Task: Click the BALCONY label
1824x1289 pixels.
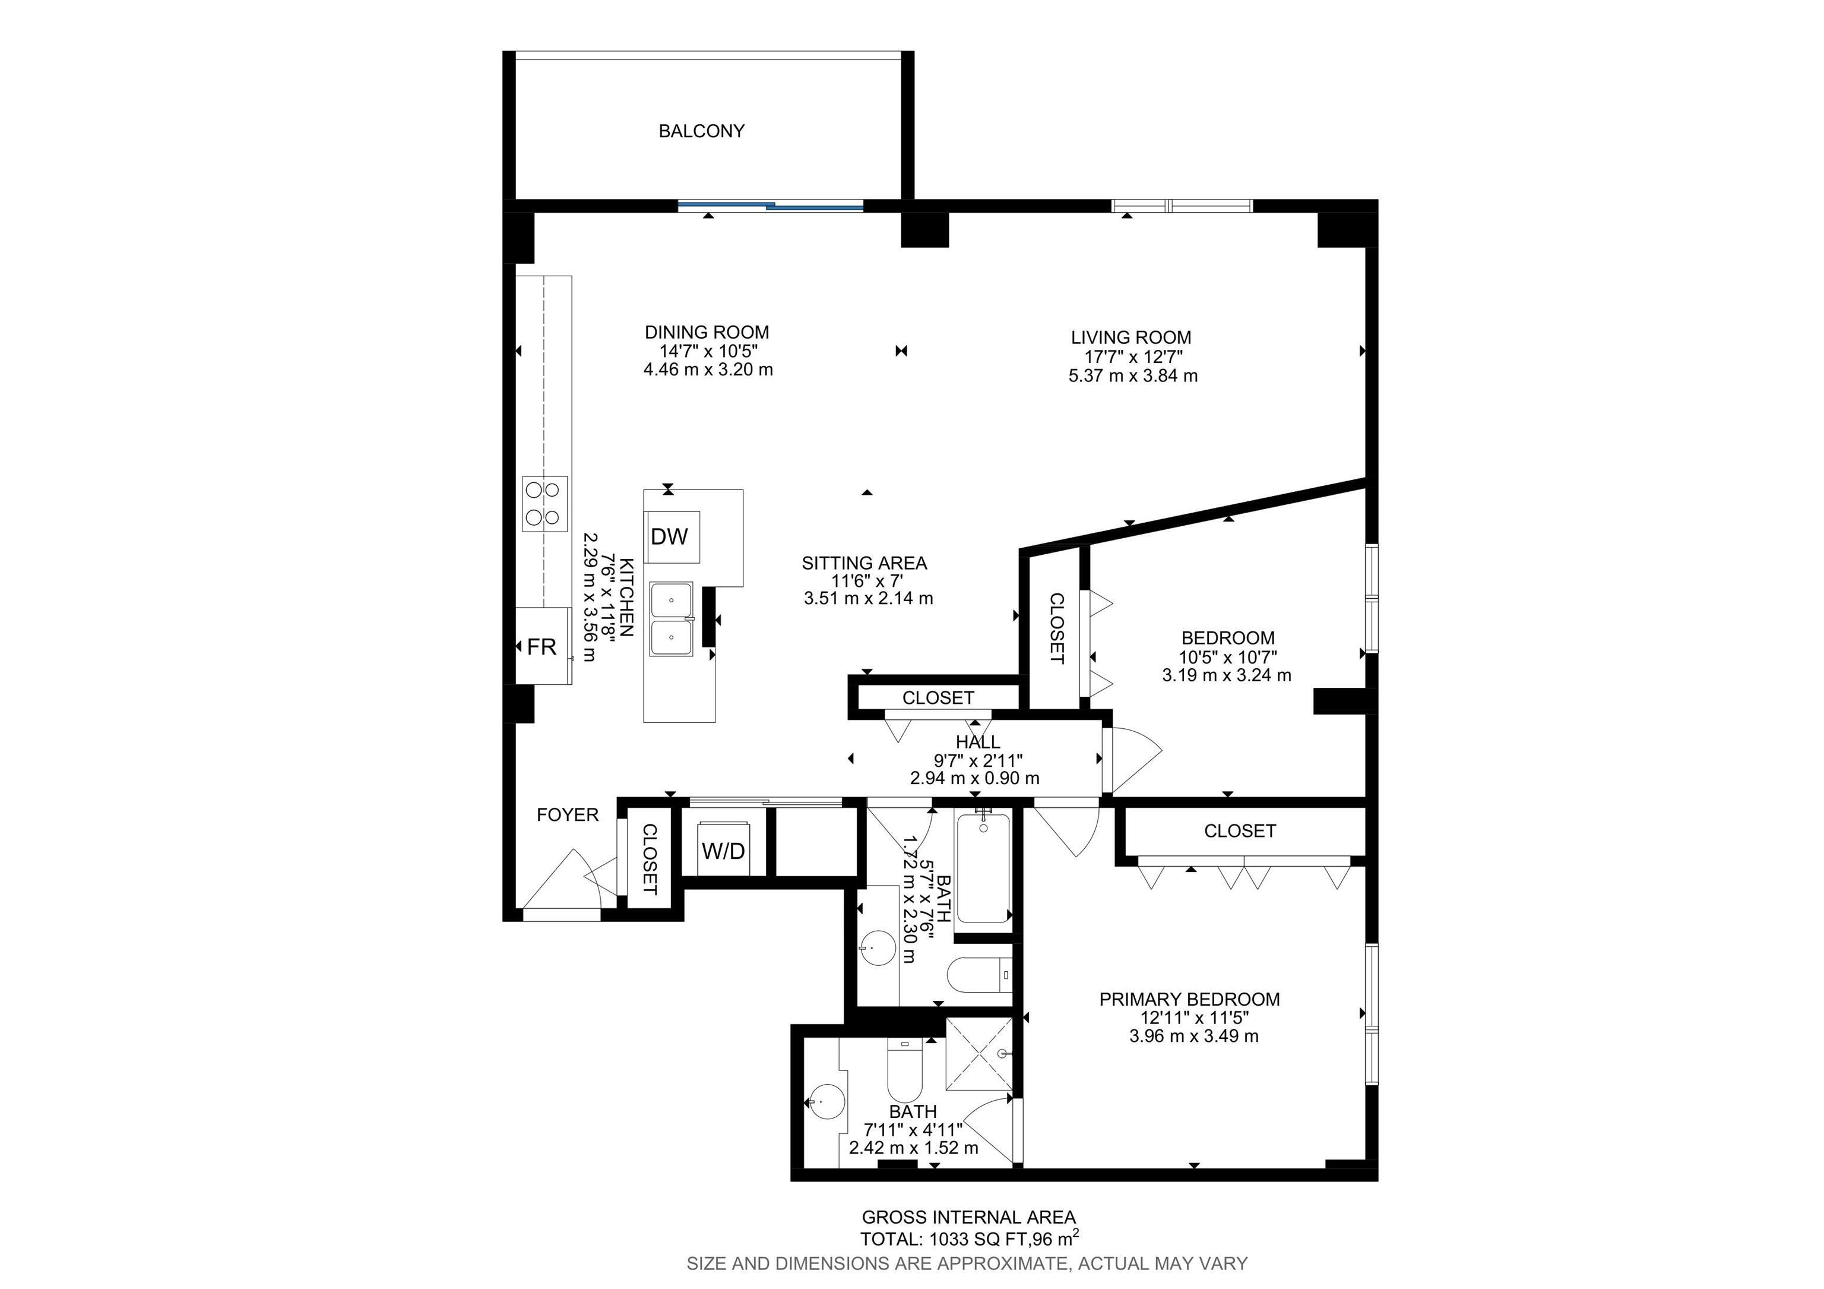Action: click(x=701, y=131)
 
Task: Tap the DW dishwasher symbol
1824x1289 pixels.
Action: click(x=670, y=537)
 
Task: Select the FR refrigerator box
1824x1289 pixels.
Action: click(x=543, y=647)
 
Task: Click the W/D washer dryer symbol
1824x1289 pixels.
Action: click(x=724, y=851)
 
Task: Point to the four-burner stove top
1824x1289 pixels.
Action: click(x=545, y=504)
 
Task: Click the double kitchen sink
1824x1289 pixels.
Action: click(x=672, y=619)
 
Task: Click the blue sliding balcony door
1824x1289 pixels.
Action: click(x=771, y=207)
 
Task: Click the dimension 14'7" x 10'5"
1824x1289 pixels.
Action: click(x=708, y=351)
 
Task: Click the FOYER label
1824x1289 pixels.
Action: click(x=567, y=814)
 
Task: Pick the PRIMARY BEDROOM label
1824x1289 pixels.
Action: click(x=1189, y=1000)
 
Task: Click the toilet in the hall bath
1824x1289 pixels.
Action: click(x=980, y=975)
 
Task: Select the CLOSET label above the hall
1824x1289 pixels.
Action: click(x=938, y=698)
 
